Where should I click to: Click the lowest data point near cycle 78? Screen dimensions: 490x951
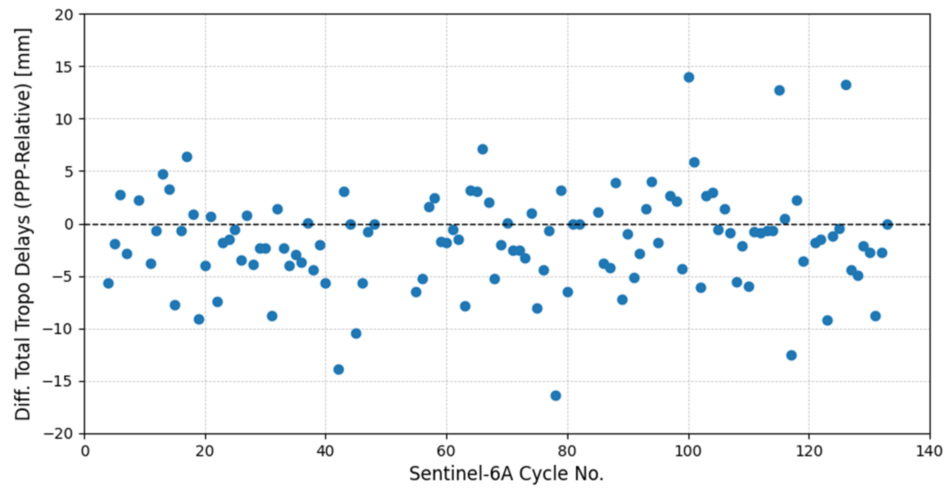click(x=556, y=396)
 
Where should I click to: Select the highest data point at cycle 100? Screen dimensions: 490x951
click(x=688, y=77)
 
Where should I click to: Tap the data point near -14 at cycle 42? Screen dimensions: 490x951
click(x=338, y=369)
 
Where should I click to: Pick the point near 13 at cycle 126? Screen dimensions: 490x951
click(x=846, y=85)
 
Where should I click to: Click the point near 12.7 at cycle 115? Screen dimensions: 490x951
click(x=779, y=91)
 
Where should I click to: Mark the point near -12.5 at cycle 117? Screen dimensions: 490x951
click(x=791, y=355)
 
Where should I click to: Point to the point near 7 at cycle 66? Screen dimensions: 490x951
click(x=483, y=149)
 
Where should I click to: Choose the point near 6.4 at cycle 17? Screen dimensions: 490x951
click(x=187, y=157)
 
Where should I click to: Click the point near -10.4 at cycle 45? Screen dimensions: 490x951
click(x=356, y=334)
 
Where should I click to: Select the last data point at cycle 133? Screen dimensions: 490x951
click(x=887, y=225)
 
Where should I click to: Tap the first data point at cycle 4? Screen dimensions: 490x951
click(x=108, y=284)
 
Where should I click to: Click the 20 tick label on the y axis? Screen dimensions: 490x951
click(x=65, y=15)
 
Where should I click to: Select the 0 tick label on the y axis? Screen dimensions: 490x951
click(x=69, y=224)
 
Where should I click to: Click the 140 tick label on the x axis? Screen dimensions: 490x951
click(x=929, y=452)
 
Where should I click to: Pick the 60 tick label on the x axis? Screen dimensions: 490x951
click(x=446, y=452)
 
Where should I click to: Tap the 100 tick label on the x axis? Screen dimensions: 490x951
click(x=688, y=452)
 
